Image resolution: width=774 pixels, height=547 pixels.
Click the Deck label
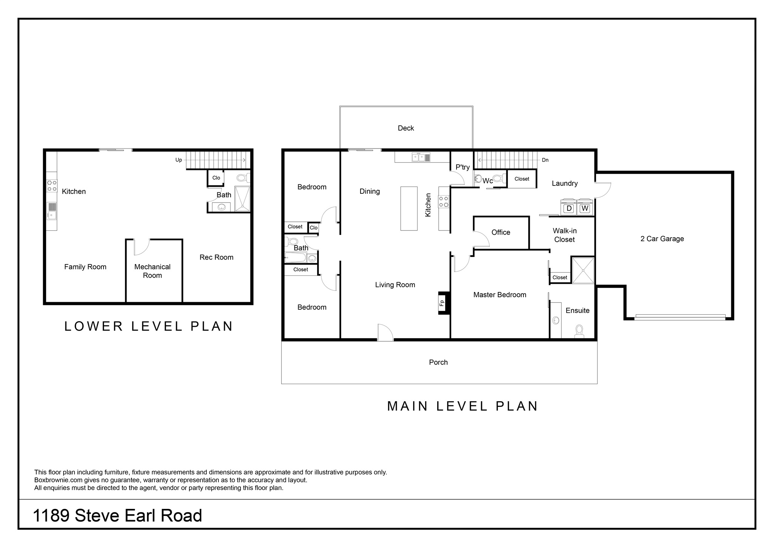pyautogui.click(x=406, y=128)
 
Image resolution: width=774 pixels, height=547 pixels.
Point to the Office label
pyautogui.click(x=501, y=232)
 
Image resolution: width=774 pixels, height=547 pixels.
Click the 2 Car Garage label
pyautogui.click(x=662, y=239)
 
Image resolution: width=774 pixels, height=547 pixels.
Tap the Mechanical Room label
pyautogui.click(x=152, y=271)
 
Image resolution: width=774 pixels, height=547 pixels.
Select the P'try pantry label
pyautogui.click(x=463, y=167)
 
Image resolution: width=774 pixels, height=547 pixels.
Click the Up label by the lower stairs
pyautogui.click(x=179, y=160)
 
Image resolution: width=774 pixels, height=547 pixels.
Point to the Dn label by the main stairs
pyautogui.click(x=545, y=160)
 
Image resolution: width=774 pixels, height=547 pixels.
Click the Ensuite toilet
pyautogui.click(x=579, y=331)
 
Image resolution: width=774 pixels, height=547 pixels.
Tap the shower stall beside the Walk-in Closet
pyautogui.click(x=583, y=270)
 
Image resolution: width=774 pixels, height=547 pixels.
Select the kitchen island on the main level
pyautogui.click(x=409, y=209)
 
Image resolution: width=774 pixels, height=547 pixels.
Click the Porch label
pyautogui.click(x=438, y=362)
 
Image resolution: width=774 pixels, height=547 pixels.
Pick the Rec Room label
pyautogui.click(x=217, y=257)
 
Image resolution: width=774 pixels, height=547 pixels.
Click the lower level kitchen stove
pyautogui.click(x=52, y=185)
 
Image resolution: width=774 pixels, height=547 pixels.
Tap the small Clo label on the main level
pyautogui.click(x=314, y=228)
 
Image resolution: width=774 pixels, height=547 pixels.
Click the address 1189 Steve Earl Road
pyautogui.click(x=118, y=516)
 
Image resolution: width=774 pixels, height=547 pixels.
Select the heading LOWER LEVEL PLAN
pyautogui.click(x=149, y=326)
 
